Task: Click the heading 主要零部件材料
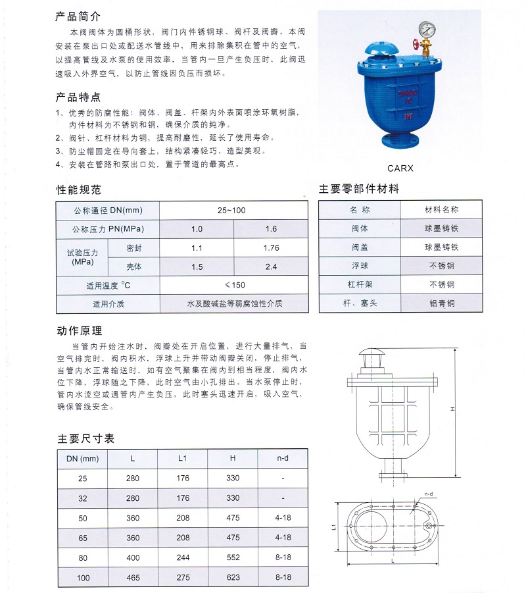coord(359,189)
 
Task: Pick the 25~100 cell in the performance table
coord(231,210)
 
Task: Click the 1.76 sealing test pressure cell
coord(270,248)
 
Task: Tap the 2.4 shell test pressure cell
coord(270,267)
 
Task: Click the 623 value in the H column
coord(233,577)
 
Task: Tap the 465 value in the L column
coord(133,577)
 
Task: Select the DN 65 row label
coord(83,538)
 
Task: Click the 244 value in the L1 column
coord(182,557)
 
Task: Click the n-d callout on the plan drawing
coord(429,493)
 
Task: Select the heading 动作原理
coord(78,330)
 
